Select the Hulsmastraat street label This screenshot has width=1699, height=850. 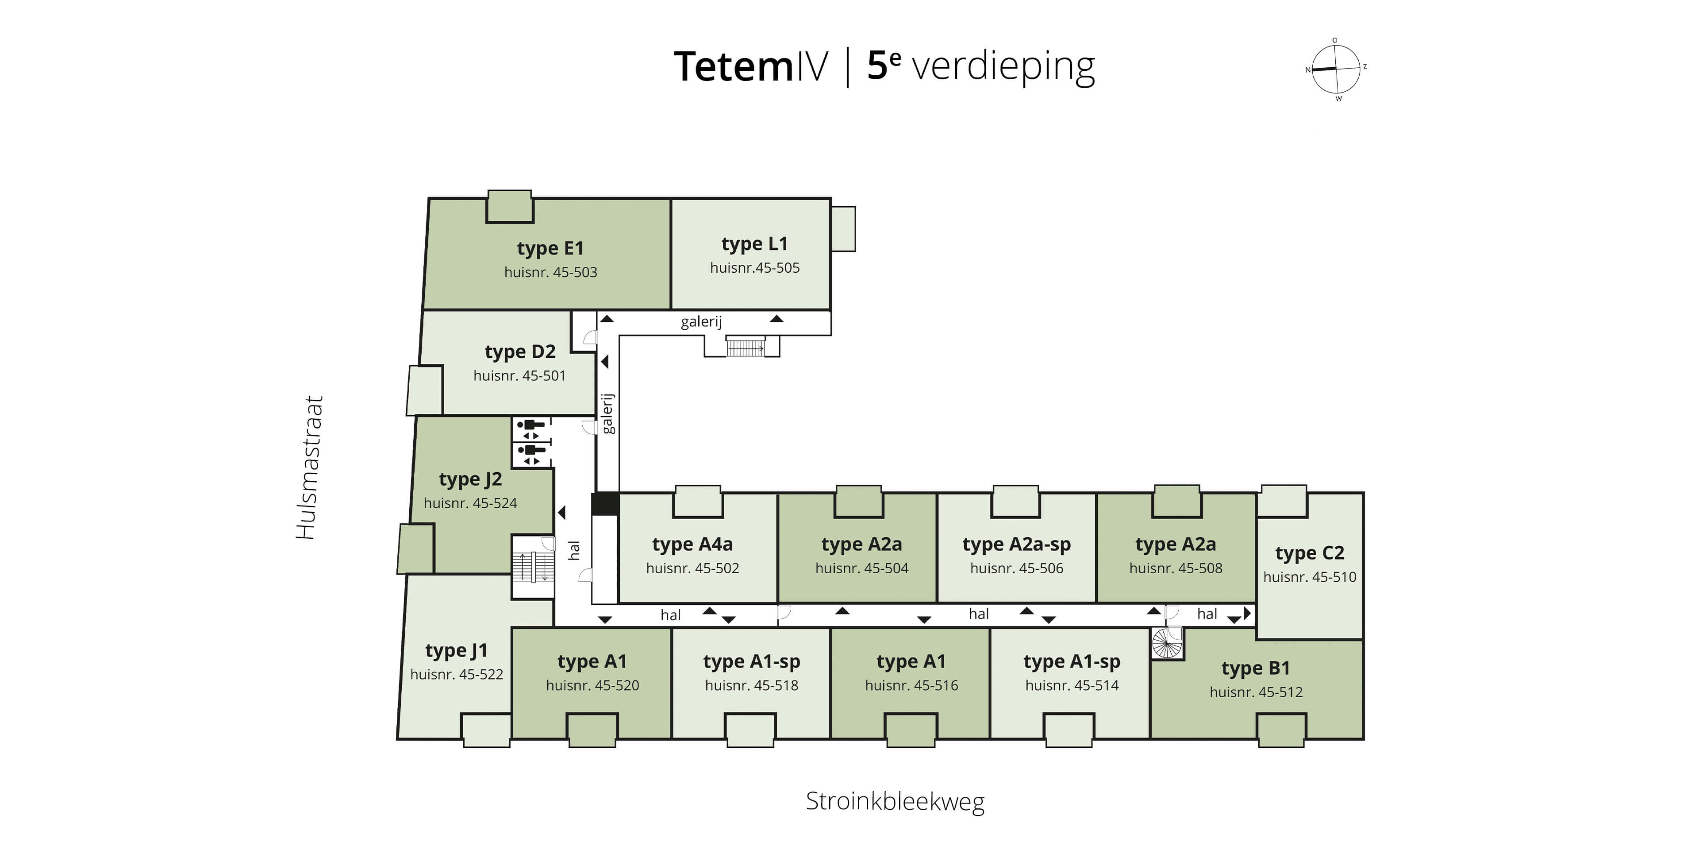[x=309, y=467]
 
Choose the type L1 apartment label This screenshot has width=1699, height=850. [x=754, y=244]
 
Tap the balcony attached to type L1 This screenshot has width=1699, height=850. [x=843, y=229]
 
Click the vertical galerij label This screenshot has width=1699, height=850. [x=607, y=414]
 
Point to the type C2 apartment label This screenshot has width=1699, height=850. [x=1309, y=553]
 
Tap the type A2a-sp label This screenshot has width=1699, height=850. [x=1016, y=545]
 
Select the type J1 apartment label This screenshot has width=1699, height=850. [x=457, y=651]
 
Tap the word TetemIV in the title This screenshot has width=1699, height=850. [x=750, y=67]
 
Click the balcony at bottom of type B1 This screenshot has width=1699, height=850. [x=1281, y=730]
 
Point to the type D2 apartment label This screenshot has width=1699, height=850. [x=520, y=352]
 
